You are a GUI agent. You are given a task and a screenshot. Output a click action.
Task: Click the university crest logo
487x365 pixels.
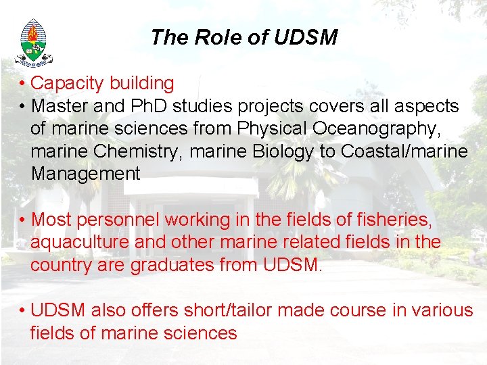click(32, 42)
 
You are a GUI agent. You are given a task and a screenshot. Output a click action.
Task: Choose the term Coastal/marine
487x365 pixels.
click(404, 151)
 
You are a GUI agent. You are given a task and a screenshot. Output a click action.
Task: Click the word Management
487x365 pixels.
click(85, 174)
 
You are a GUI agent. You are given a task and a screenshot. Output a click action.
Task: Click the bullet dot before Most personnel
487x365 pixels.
click(22, 220)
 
